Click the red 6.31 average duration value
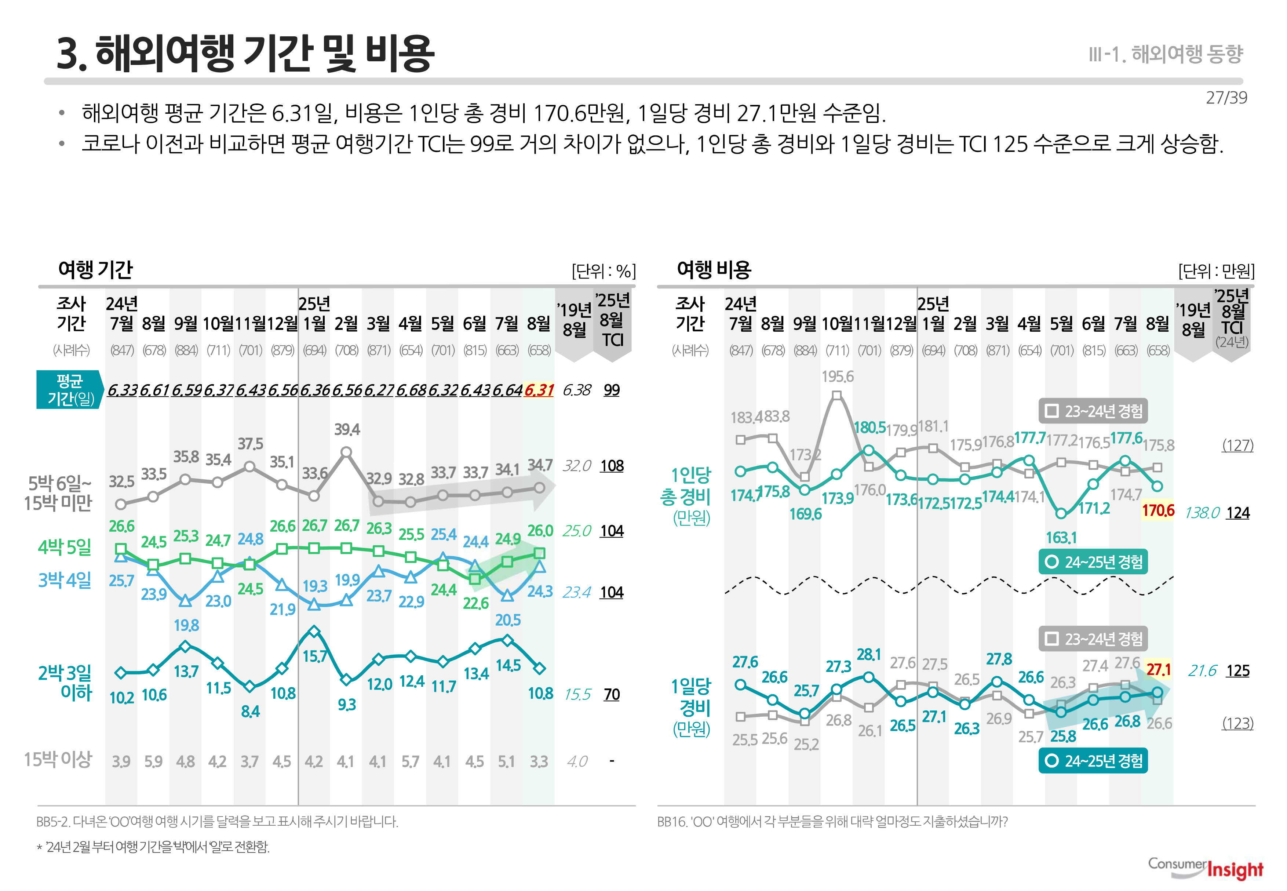point(539,390)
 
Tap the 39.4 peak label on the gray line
point(347,429)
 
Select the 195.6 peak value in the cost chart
point(837,377)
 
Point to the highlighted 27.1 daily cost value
point(1158,669)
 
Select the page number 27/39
point(1226,98)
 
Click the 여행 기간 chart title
point(95,270)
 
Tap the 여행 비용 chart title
point(714,270)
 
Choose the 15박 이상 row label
point(58,759)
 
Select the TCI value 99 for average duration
point(612,390)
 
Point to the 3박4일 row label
point(64,580)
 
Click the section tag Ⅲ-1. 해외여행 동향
point(1165,54)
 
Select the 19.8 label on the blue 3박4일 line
point(186,625)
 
